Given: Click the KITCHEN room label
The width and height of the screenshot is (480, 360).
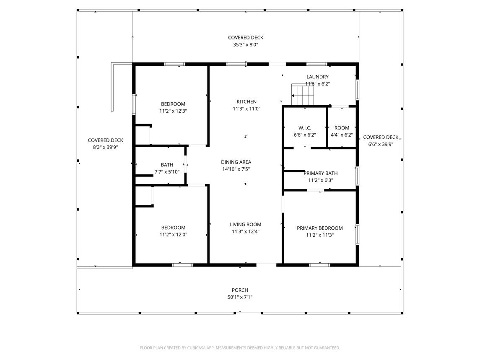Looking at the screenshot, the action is [x=246, y=102].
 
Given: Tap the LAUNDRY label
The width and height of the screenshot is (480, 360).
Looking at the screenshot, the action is [x=317, y=77].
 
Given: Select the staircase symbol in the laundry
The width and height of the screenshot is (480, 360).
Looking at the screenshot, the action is [x=303, y=94].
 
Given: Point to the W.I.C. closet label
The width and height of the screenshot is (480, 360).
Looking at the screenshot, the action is [x=305, y=128].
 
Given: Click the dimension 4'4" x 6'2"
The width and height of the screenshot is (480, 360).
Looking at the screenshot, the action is [x=342, y=135].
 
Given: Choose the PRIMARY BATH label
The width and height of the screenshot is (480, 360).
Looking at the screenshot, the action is [x=321, y=173].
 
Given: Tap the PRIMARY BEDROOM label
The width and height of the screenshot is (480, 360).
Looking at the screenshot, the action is [x=319, y=228].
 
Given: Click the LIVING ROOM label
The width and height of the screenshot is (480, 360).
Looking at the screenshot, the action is [x=246, y=225].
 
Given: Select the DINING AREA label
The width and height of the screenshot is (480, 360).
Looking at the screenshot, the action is [x=236, y=162].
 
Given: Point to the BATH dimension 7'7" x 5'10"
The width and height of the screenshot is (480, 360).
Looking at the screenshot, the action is [x=167, y=172].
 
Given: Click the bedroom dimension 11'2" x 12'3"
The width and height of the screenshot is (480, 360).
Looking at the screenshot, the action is [x=173, y=111].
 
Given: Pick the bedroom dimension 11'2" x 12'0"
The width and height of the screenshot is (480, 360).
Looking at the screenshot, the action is [x=173, y=235].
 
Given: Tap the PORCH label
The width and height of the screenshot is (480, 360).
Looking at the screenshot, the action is [x=240, y=290].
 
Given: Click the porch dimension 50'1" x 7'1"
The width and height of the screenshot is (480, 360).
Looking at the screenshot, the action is [x=240, y=297].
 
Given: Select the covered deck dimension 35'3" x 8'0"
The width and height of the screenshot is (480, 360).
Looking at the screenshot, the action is [x=246, y=45].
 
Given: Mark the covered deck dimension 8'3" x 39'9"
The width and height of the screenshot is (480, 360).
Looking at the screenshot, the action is [x=105, y=147].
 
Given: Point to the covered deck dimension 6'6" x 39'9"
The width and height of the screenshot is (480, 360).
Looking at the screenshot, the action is [x=381, y=145].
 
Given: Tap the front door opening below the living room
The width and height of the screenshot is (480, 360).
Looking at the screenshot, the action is [x=266, y=264].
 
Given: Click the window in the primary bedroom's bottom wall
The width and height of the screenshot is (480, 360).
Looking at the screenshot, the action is [x=319, y=265].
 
